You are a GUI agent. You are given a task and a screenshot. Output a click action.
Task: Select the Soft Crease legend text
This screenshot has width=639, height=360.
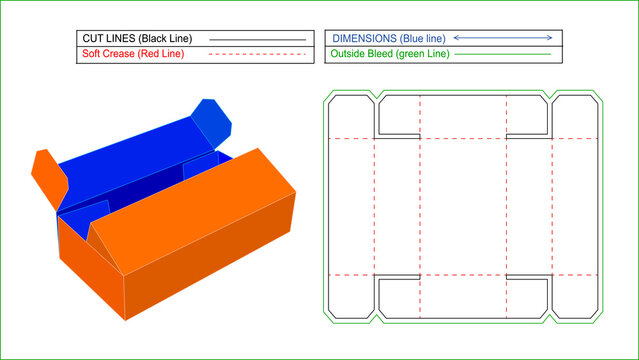pyautogui.click(x=110, y=55)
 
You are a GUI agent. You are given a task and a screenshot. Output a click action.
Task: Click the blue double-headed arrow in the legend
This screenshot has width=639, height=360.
pyautogui.click(x=503, y=38)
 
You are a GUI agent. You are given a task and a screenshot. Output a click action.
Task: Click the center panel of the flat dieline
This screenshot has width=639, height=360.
pyautogui.click(x=463, y=206)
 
